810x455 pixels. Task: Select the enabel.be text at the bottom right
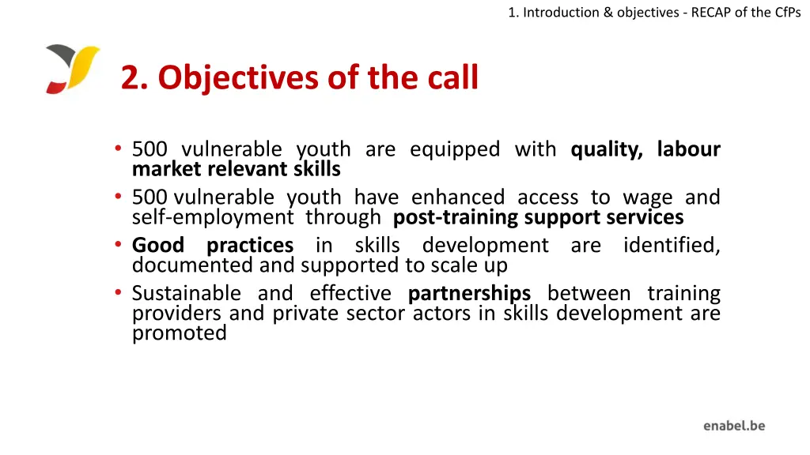coord(734,426)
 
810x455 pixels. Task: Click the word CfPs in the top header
coord(787,12)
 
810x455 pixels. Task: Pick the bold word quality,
coord(607,149)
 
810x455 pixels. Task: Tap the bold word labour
coord(688,149)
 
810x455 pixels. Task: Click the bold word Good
coord(157,246)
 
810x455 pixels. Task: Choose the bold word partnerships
coord(469,294)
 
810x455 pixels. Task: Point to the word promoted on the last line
coord(179,333)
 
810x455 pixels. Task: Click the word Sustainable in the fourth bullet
coord(186,294)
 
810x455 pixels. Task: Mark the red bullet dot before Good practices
coord(117,246)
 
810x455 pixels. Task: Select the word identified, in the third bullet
coord(672,246)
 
